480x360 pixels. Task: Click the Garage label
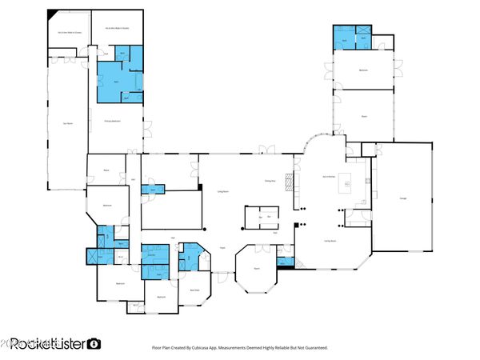(403, 198)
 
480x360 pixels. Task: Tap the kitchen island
(347, 182)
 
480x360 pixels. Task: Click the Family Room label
(328, 239)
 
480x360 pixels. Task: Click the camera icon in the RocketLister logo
(94, 343)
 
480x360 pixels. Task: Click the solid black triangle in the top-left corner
(53, 14)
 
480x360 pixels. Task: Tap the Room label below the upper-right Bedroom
(363, 116)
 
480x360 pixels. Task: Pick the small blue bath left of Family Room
(284, 260)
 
